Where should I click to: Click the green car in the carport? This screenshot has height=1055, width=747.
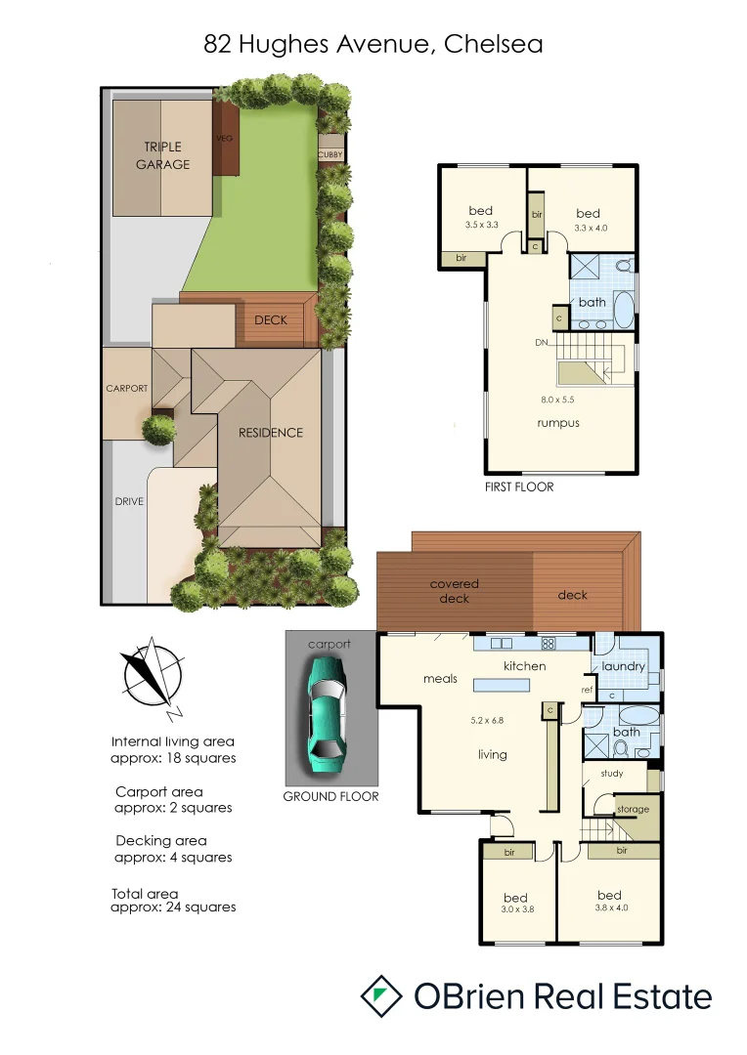(x=329, y=707)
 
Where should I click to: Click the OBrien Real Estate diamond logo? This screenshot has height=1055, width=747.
(x=381, y=996)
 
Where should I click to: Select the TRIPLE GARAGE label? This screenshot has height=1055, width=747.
(x=163, y=156)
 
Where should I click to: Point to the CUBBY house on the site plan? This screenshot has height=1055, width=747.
(x=330, y=153)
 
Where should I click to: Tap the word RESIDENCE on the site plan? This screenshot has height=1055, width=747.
(x=271, y=433)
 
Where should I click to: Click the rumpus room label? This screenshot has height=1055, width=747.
(x=558, y=423)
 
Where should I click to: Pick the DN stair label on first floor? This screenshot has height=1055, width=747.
(x=541, y=343)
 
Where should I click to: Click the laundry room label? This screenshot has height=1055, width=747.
(x=624, y=666)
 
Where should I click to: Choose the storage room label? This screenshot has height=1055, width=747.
(x=632, y=809)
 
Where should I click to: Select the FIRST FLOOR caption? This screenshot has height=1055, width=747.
(x=519, y=486)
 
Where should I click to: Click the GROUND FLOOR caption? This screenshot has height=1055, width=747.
(x=330, y=796)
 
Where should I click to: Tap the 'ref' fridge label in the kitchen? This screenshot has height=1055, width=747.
(x=588, y=690)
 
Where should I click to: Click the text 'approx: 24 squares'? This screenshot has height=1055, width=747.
(x=175, y=907)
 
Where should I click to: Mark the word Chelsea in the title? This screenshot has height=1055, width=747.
(x=493, y=44)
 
